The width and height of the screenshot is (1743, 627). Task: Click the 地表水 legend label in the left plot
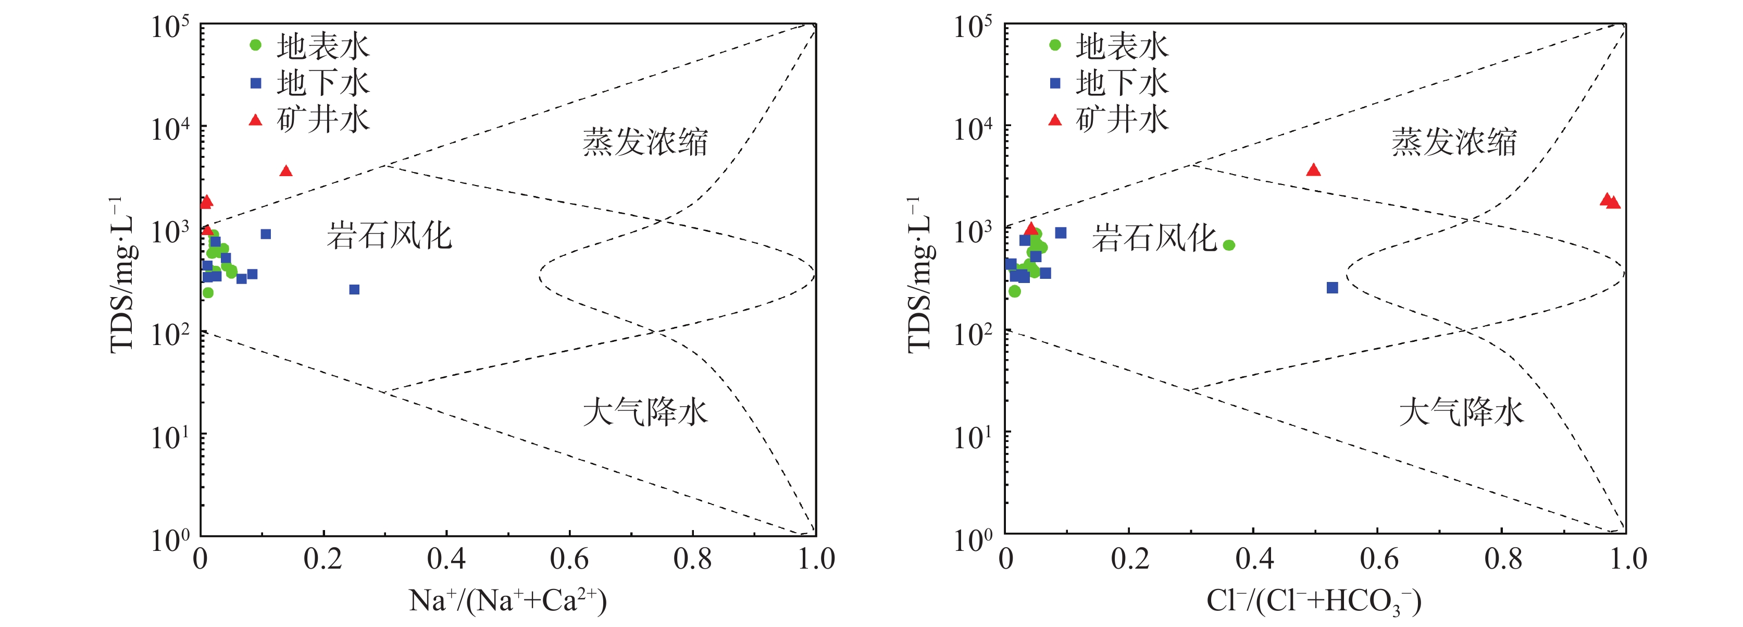[x=323, y=46]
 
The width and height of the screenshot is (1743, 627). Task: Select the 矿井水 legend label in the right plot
[x=1122, y=119]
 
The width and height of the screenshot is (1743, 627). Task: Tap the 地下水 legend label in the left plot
[x=323, y=82]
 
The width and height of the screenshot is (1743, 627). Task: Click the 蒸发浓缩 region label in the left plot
[x=645, y=142]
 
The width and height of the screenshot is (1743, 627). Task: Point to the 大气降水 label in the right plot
[x=1462, y=412]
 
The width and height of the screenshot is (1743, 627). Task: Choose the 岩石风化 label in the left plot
[x=389, y=236]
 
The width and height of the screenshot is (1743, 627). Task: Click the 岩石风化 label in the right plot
[x=1154, y=238]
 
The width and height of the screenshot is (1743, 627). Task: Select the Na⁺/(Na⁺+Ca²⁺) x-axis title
[x=507, y=600]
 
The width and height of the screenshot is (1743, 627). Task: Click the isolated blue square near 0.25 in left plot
[x=354, y=290]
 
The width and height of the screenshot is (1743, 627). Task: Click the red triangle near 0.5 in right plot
[x=1313, y=170]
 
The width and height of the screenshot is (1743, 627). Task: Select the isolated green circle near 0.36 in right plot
[x=1229, y=245]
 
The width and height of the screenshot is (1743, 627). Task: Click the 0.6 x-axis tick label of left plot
[x=569, y=559]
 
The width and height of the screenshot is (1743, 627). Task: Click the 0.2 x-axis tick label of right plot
[x=1129, y=559]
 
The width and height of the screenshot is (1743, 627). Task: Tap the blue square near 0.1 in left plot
[x=266, y=235]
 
